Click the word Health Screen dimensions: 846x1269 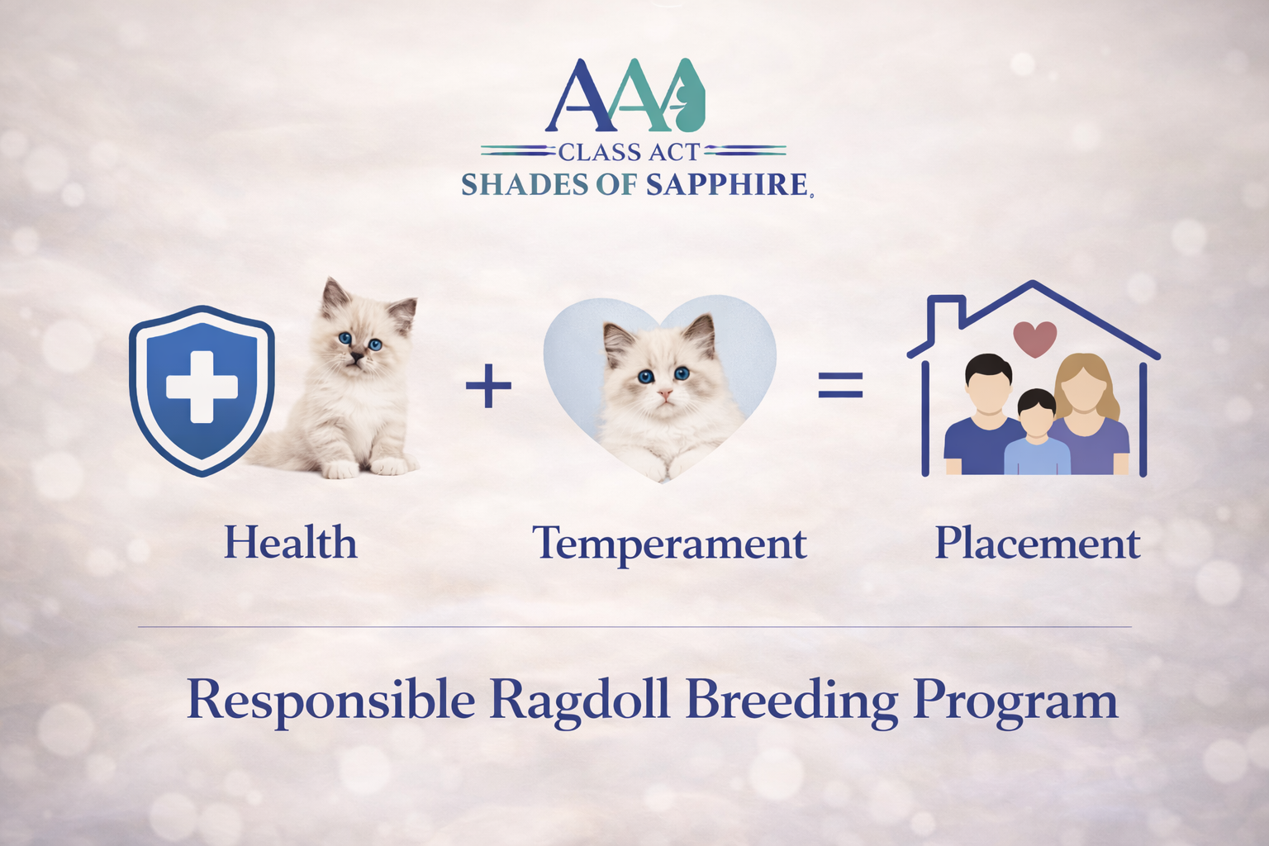point(291,543)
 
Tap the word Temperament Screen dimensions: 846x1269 point(669,544)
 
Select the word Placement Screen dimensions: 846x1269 point(1037,544)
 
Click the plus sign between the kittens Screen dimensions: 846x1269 point(488,386)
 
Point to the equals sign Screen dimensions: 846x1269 point(840,386)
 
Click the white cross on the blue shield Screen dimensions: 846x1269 point(202,387)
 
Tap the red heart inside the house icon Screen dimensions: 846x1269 point(1034,337)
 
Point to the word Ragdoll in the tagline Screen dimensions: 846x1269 point(579,700)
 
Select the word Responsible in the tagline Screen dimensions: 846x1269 point(330,700)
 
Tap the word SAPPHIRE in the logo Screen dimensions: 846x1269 point(726,185)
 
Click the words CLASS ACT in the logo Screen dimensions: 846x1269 point(630,152)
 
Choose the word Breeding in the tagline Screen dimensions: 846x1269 point(791,701)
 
